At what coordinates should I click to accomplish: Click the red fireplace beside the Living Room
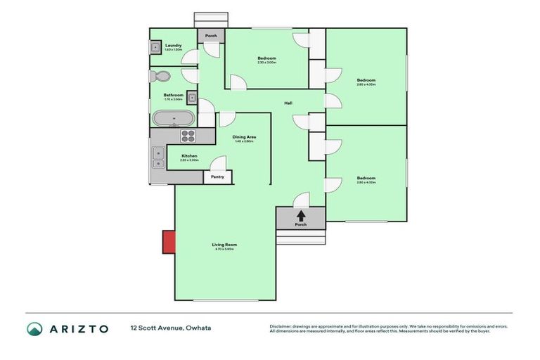pyautogui.click(x=169, y=242)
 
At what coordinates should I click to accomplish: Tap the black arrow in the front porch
pyautogui.click(x=301, y=216)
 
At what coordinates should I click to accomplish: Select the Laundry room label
pyautogui.click(x=173, y=46)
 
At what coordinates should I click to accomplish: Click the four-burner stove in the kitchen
pyautogui.click(x=188, y=136)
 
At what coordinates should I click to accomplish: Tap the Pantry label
pyautogui.click(x=217, y=176)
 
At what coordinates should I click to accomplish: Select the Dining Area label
pyautogui.click(x=244, y=137)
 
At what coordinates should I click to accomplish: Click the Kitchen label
pyautogui.click(x=189, y=155)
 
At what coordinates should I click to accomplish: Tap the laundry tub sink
pyautogui.click(x=155, y=48)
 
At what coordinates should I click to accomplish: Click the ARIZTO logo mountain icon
pyautogui.click(x=34, y=328)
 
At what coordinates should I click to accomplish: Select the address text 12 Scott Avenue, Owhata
pyautogui.click(x=170, y=328)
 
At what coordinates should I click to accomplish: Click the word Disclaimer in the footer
pyautogui.click(x=280, y=326)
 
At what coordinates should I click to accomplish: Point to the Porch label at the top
pyautogui.click(x=210, y=36)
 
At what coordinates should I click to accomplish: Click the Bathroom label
pyautogui.click(x=173, y=95)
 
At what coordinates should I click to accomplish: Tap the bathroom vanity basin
pyautogui.click(x=192, y=98)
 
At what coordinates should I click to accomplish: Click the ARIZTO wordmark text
pyautogui.click(x=79, y=328)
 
